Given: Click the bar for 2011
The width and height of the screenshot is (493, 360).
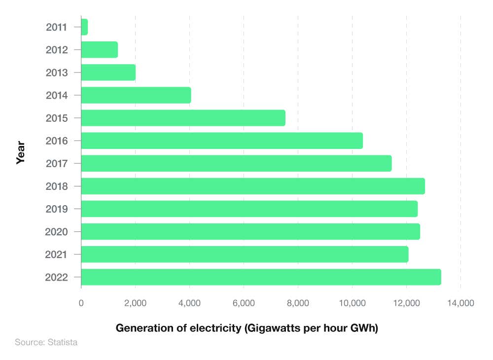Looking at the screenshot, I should (x=84, y=27).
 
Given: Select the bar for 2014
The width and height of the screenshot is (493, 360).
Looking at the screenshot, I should (x=136, y=95).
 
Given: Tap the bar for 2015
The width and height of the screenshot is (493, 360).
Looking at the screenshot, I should (x=183, y=118).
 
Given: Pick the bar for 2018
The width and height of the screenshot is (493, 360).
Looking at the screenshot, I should (x=253, y=186).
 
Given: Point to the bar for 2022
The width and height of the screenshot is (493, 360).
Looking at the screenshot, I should (x=261, y=277).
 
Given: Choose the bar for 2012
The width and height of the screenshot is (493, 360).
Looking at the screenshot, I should (x=100, y=50).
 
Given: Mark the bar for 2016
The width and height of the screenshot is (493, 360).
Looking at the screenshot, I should (x=222, y=141).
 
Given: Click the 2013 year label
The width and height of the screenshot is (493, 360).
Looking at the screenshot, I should (x=57, y=72).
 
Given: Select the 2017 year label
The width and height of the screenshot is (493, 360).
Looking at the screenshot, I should (x=57, y=163).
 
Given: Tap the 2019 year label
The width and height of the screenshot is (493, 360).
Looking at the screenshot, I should (x=57, y=209).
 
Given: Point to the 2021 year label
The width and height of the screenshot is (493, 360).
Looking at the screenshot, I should (x=57, y=254).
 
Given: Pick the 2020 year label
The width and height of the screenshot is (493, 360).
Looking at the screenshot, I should (x=57, y=232).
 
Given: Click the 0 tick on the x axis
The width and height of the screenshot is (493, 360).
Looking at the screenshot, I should (x=81, y=303).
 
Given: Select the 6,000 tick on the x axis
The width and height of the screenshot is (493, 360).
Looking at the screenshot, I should (x=244, y=303).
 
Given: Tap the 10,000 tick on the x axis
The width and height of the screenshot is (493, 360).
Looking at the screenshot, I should (x=352, y=303).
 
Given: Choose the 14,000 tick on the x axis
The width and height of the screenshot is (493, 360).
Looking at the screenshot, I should (x=460, y=303).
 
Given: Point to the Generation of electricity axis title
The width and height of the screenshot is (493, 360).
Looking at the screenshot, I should (x=246, y=328).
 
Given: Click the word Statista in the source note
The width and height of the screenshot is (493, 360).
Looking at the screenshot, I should (x=63, y=342).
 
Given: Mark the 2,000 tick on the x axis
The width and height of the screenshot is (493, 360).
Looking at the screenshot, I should (x=136, y=303).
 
